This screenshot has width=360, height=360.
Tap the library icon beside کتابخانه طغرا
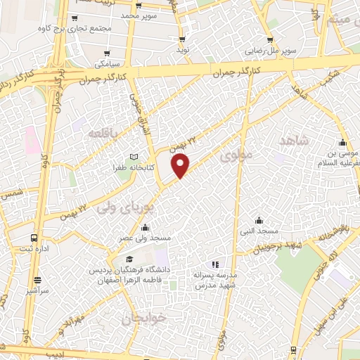(x=134, y=157)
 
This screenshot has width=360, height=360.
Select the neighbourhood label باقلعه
(x=103, y=131)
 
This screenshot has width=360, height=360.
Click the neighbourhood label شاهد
(x=294, y=141)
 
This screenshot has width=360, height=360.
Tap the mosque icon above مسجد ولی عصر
(x=145, y=227)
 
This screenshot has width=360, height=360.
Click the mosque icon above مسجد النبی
(x=259, y=219)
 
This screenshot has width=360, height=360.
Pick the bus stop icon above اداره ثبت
(x=34, y=238)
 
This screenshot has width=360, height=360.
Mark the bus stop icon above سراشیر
(x=37, y=278)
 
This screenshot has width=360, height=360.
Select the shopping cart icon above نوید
(x=182, y=39)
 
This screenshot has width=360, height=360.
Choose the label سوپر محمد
(x=138, y=15)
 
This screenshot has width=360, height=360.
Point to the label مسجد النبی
(x=259, y=231)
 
